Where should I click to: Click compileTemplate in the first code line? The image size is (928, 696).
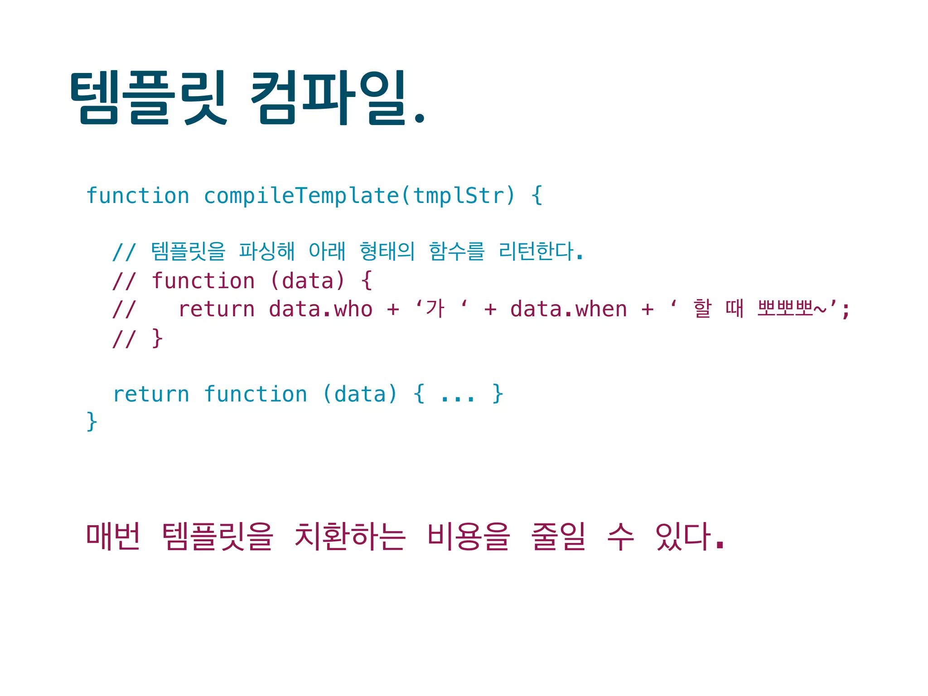(301, 196)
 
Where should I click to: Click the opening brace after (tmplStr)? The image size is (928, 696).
(537, 196)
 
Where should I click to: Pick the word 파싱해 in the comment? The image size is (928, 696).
(267, 251)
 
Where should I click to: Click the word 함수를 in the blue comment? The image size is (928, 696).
(457, 251)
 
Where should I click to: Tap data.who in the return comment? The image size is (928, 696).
(320, 309)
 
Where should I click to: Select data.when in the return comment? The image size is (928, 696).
(568, 309)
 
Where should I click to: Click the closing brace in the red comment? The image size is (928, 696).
(157, 338)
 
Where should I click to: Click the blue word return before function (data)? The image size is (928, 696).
(151, 394)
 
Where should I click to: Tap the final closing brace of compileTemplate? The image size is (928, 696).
(92, 421)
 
